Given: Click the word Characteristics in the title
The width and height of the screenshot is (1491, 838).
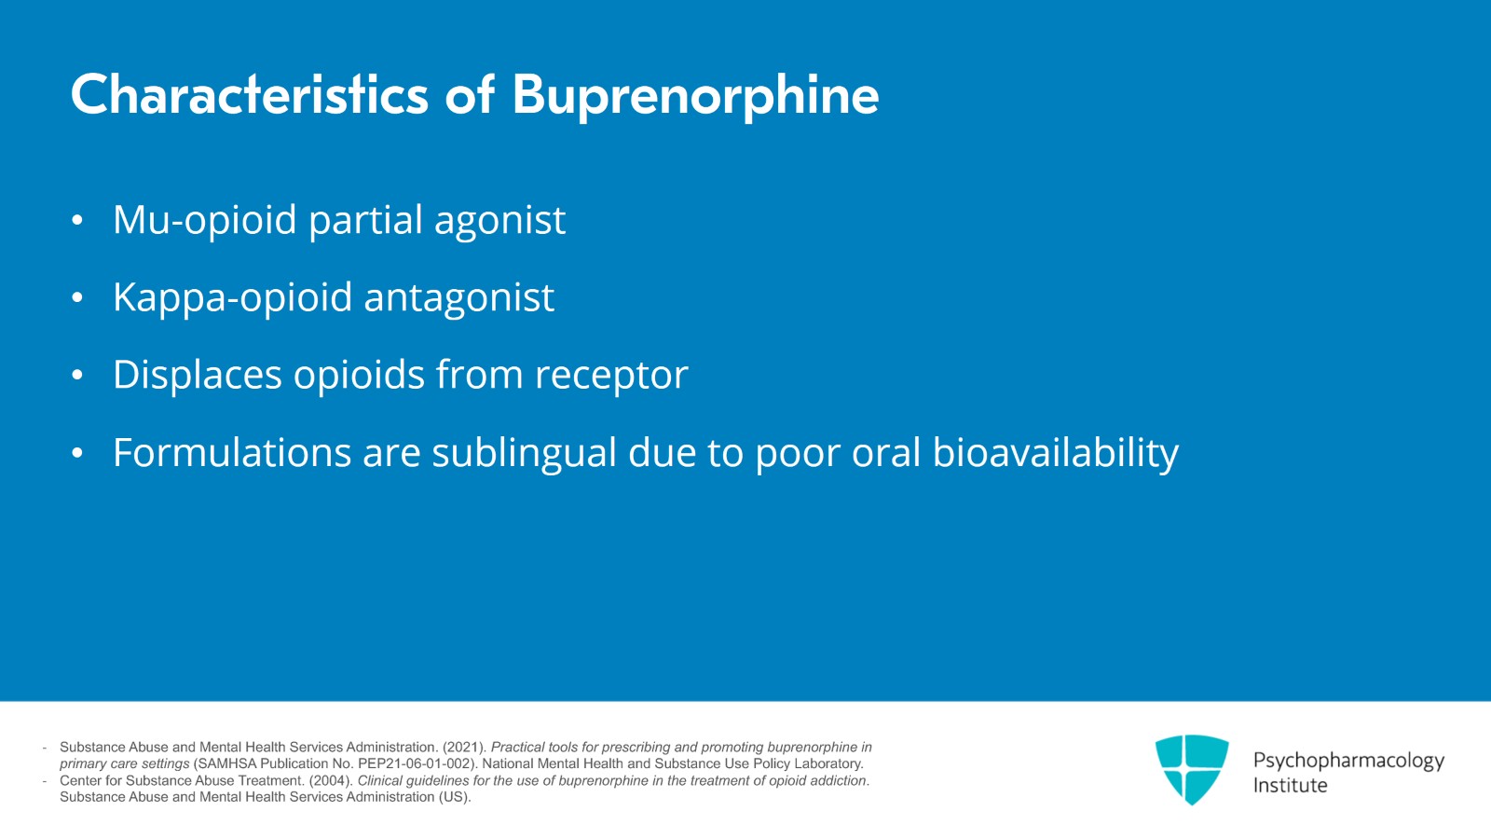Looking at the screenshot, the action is point(250,94).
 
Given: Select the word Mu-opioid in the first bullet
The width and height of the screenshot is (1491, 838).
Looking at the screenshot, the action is point(204,220).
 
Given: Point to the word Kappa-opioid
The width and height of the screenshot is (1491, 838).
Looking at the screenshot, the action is point(232,298).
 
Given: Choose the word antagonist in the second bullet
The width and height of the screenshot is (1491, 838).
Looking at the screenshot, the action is point(459,297).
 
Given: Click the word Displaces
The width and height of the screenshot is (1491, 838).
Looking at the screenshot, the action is point(197,375).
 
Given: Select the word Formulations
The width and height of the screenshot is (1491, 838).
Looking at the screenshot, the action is point(232,453).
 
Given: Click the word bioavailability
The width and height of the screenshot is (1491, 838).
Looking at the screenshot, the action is point(1056,453).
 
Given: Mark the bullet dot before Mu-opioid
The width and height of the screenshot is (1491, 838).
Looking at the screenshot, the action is point(77,220).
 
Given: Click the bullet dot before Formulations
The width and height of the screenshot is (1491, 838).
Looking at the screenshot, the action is point(77,453).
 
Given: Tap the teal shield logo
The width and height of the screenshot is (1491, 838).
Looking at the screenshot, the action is point(1192,769).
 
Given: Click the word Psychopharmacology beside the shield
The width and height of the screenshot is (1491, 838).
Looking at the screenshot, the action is point(1348,762).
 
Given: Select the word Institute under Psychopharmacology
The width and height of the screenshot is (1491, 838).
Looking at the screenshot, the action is point(1290,786).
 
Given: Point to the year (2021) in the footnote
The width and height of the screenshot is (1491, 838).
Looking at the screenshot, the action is point(465,748).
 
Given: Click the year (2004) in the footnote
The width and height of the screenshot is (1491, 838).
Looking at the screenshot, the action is point(331,781).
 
